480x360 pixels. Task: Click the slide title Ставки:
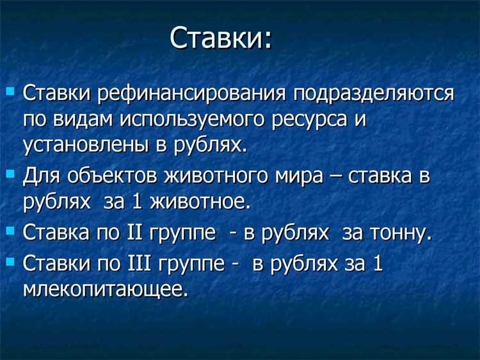(x=221, y=39)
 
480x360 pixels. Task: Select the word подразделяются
(x=374, y=94)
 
